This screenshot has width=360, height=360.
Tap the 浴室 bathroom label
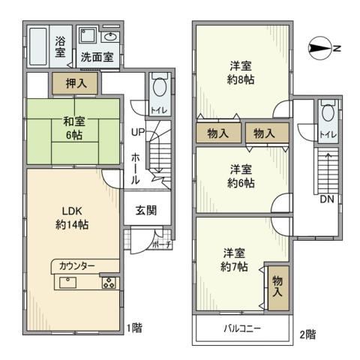[60, 47]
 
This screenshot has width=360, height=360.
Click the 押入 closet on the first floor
[75, 83]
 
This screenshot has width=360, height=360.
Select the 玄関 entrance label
[146, 211]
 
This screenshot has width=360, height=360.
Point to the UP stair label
[138, 133]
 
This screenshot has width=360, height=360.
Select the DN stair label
[327, 200]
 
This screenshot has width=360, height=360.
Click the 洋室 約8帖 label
[241, 73]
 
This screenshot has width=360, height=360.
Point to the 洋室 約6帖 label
[241, 176]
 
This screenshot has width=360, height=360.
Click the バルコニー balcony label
[241, 328]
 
